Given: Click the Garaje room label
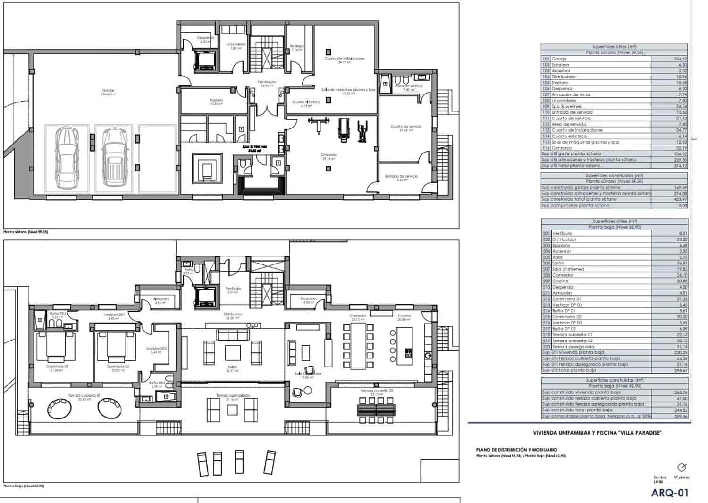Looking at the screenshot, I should [x=108, y=91].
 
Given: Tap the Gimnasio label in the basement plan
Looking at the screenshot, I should [x=329, y=155].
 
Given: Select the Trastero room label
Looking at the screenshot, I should [x=216, y=100].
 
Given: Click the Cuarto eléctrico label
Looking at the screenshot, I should [x=306, y=102].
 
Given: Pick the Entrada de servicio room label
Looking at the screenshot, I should [x=401, y=176].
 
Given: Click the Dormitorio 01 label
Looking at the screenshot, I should [x=58, y=367].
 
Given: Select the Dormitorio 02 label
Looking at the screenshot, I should [x=118, y=367].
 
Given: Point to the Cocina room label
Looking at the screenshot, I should [x=404, y=316].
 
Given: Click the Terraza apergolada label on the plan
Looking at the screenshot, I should [x=233, y=395].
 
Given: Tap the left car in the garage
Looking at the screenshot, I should [x=66, y=157].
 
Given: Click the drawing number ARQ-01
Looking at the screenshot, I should [x=670, y=493].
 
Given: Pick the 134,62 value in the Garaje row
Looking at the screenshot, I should [x=678, y=59].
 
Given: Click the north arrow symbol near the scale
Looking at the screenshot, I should [x=682, y=468].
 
